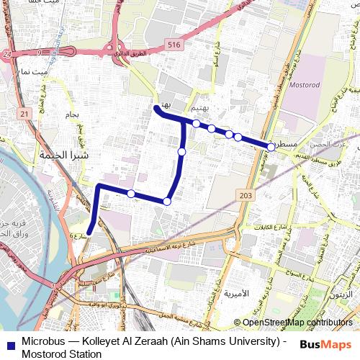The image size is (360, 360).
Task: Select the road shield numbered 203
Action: [x=244, y=195]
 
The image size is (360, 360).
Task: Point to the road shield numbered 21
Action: [x=26, y=114]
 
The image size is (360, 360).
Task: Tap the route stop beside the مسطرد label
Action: [x=271, y=146]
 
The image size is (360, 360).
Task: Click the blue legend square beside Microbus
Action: [x=9, y=343]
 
